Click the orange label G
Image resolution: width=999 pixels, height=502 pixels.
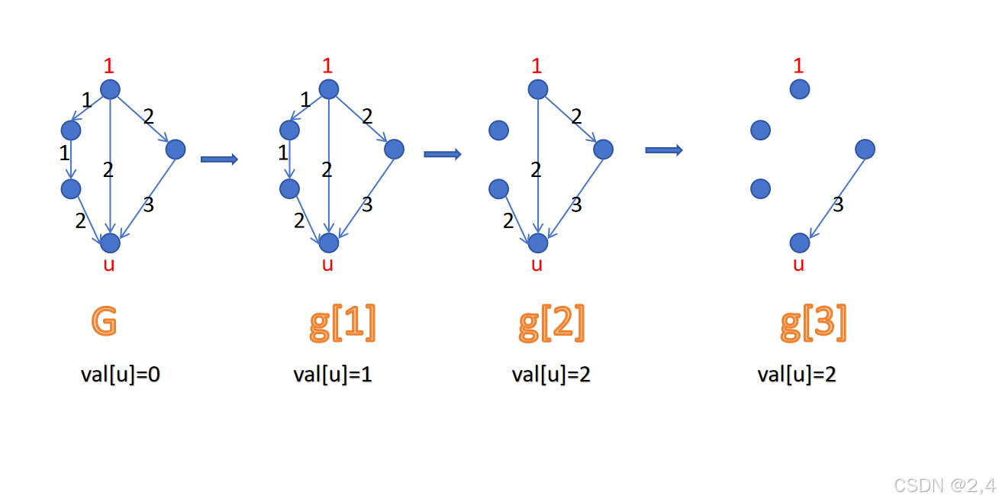click(105, 322)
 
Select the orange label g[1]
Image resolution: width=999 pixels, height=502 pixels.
click(343, 323)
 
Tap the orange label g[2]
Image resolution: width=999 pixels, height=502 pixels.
click(551, 323)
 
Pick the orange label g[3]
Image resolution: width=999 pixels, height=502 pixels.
click(814, 323)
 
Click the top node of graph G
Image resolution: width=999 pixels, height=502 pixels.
click(111, 89)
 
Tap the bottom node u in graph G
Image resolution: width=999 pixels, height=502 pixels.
click(111, 243)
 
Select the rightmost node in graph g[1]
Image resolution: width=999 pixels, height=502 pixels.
click(394, 149)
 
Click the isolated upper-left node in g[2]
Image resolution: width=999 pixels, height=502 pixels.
click(498, 130)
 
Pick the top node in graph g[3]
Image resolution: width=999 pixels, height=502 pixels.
click(799, 89)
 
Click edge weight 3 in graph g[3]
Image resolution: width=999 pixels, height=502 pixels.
click(838, 204)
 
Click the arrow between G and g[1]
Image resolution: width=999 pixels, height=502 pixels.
click(219, 159)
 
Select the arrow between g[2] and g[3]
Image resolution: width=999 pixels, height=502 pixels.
click(663, 150)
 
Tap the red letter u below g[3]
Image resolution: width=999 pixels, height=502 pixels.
click(799, 265)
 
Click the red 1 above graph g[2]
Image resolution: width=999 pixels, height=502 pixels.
click(537, 66)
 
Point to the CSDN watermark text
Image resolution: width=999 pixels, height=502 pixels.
click(944, 485)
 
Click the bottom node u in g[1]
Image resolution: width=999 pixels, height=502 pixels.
click(329, 243)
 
